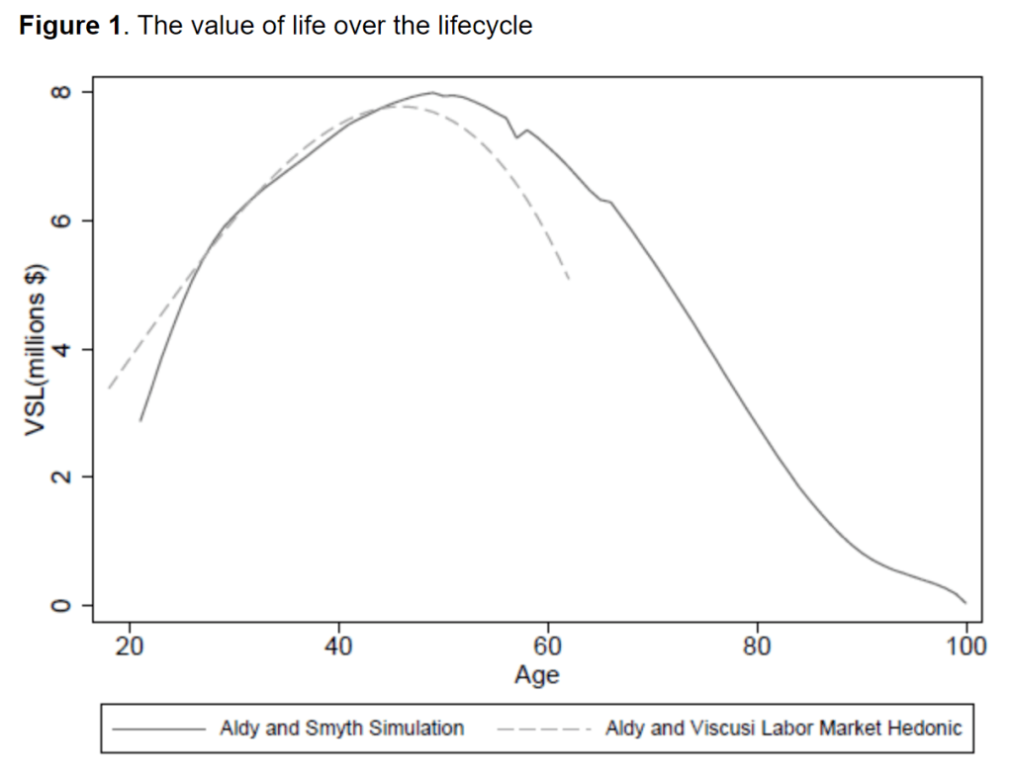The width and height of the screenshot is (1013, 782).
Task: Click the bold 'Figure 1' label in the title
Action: (x=69, y=26)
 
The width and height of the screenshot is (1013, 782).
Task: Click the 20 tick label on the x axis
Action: (x=130, y=648)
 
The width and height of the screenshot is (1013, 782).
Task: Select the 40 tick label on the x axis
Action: (x=339, y=648)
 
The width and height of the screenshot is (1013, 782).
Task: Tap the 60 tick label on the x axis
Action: (x=548, y=648)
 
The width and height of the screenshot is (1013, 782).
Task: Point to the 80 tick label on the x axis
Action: (x=758, y=648)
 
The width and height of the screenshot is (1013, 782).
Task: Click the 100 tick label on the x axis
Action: (x=966, y=648)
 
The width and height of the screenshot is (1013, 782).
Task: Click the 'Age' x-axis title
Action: (x=537, y=675)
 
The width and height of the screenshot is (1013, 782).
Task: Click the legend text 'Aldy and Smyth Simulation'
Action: (x=341, y=729)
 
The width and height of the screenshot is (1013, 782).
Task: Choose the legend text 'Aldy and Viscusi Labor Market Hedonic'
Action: (x=783, y=729)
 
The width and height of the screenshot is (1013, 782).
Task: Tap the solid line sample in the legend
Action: (x=158, y=730)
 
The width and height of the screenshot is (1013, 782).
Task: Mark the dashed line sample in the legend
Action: (x=544, y=730)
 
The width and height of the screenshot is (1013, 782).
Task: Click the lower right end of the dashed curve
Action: (x=569, y=280)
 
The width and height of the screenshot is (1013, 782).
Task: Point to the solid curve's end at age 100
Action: (x=966, y=602)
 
